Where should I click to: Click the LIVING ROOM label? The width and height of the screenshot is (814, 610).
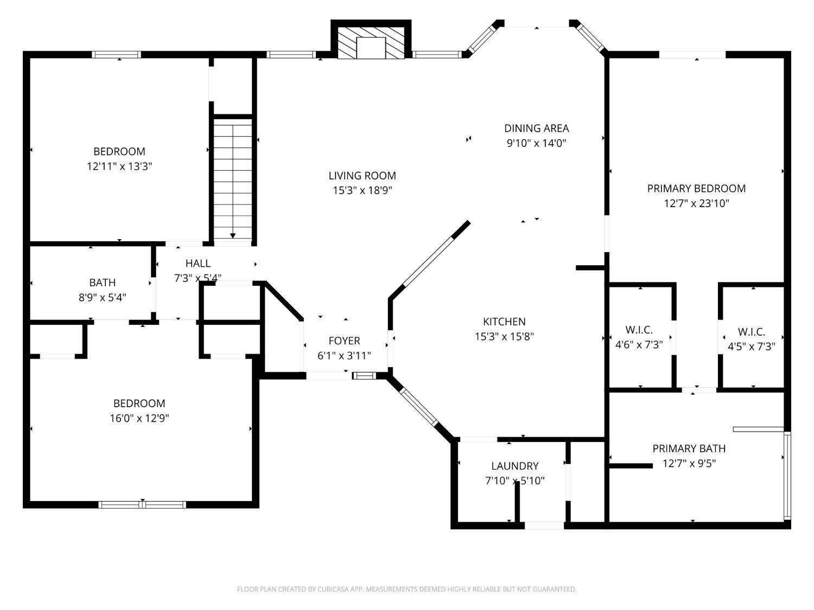tap(362, 176)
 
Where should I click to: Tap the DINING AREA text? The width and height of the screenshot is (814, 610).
tap(536, 128)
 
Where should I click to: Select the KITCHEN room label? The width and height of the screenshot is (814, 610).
tap(504, 322)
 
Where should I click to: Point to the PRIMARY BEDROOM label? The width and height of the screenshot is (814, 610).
tap(696, 189)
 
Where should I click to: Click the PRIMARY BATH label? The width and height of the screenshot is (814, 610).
tap(689, 448)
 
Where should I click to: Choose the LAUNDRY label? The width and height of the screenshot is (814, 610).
tap(515, 466)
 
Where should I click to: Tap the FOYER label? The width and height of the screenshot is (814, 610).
tap(344, 341)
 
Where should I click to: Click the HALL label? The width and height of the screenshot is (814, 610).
tap(198, 264)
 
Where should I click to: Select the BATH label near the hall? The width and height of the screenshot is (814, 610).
tap(103, 282)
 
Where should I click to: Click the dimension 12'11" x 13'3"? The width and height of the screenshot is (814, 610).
tap(119, 166)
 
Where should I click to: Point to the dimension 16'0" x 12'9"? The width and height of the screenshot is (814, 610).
tap(139, 418)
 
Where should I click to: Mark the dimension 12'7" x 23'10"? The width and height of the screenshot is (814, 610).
tap(696, 203)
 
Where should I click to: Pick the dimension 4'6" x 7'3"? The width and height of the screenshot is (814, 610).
tap(639, 345)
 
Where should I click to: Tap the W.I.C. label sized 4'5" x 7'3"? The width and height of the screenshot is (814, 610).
tap(752, 331)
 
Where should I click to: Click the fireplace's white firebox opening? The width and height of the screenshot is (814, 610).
tap(371, 48)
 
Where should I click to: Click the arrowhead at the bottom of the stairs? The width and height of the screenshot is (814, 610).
tap(232, 236)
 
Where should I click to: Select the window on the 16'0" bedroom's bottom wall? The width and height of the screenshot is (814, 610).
tap(142, 504)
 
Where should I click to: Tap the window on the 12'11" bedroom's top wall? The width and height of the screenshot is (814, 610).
tap(117, 55)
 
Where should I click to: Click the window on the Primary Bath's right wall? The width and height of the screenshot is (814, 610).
tap(787, 476)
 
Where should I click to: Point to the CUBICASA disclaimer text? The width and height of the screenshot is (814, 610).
tap(407, 589)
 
